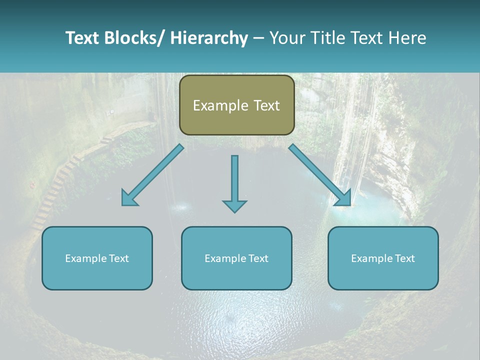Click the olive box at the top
coord(236,105)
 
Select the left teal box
coord(97,258)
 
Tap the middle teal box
coord(236,258)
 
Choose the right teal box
coord(383,258)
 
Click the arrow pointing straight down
coord(234,182)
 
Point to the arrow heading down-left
coord(152,175)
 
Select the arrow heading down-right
coord(320,175)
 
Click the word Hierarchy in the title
coord(209,38)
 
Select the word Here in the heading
coord(407,38)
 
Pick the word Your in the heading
coord(286,38)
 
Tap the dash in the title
coord(258,38)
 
